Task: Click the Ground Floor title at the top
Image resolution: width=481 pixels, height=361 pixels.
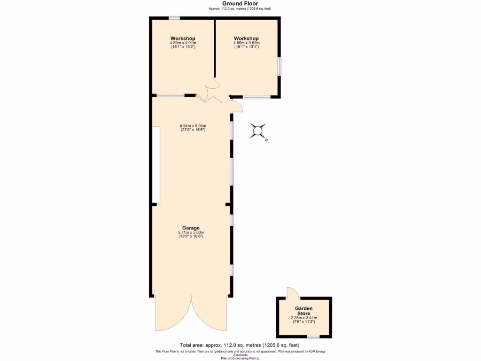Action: click(240, 3)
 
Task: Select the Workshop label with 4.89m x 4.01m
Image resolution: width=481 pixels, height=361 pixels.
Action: click(183, 39)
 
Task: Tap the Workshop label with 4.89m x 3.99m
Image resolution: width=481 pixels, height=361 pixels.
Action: click(246, 39)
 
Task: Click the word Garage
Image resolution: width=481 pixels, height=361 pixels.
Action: click(191, 228)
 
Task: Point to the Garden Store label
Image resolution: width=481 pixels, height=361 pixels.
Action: click(303, 311)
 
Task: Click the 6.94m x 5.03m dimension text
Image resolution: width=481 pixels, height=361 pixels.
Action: click(193, 126)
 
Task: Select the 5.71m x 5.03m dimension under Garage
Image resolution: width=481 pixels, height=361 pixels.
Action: click(191, 232)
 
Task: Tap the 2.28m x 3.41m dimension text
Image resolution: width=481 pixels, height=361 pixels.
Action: click(303, 318)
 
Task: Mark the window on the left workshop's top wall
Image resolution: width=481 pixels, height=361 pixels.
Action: click(174, 18)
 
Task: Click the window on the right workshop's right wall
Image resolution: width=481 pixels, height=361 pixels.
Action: click(279, 66)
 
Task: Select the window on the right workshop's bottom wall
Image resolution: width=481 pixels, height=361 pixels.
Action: click(256, 97)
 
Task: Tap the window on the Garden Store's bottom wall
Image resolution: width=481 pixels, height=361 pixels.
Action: click(313, 337)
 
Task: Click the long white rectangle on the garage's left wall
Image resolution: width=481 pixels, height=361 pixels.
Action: click(155, 165)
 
